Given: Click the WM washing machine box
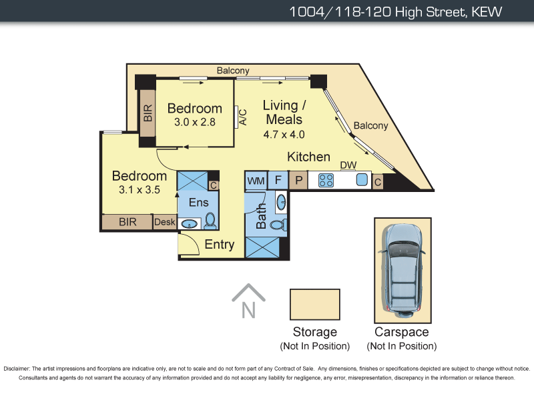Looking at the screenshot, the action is point(256,181).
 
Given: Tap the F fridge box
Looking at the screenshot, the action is point(278,180).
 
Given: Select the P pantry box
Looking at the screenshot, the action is point(298,180).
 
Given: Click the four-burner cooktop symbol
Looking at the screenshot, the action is point(326,181).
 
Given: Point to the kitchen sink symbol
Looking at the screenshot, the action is point(362,179).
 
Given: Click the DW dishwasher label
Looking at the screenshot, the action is point(348,165).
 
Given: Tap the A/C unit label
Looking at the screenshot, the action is point(243,117).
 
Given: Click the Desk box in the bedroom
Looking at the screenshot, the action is point(165,222).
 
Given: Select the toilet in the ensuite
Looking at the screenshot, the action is point(210,221).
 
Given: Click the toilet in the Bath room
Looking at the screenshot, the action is point(278,225).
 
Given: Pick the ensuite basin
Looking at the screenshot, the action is point(190,224).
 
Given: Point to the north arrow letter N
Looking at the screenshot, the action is point(248,310).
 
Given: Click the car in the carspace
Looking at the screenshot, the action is point(403,271).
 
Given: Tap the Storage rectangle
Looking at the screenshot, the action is point(315,305).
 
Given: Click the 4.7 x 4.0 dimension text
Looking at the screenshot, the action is point(284,135).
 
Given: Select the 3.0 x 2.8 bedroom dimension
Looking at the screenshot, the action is point(195,122).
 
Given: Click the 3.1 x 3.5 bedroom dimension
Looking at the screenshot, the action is point(140,189).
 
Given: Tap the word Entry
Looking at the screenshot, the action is point(220,245).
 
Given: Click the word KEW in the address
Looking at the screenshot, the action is point(487,12).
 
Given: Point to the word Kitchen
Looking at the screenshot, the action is point(308,157).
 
